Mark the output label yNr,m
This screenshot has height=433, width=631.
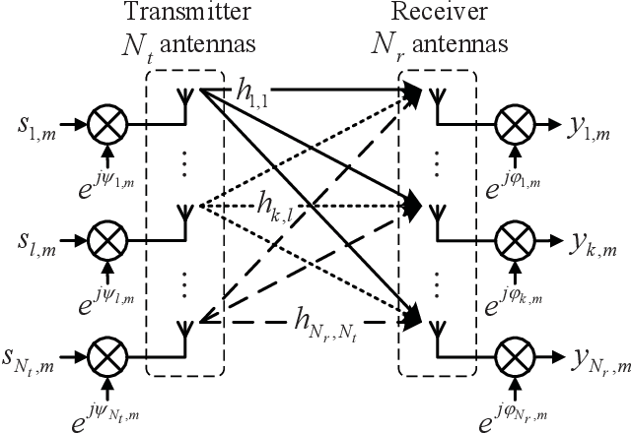tap(592, 353)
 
